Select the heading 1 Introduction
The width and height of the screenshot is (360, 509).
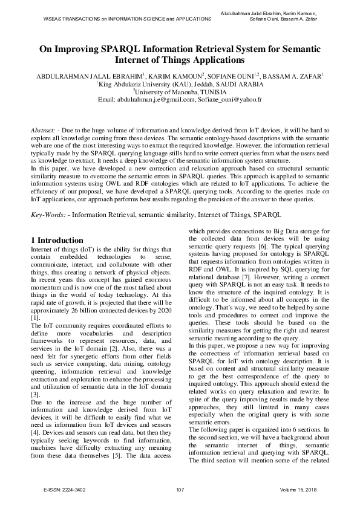(x=57, y=240)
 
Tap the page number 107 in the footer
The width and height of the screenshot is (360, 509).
(x=180, y=489)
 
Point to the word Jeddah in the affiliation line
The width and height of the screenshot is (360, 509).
(x=209, y=84)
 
